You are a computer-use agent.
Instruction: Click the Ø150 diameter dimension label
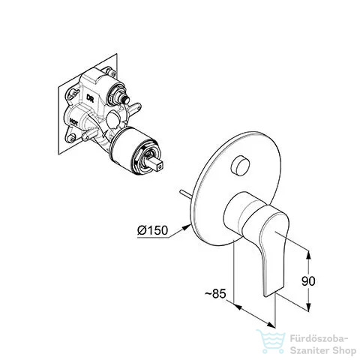[152, 230]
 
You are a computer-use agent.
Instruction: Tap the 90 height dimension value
[308, 281]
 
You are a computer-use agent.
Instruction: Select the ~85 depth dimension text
[215, 293]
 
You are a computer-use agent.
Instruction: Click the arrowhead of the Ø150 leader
[187, 226]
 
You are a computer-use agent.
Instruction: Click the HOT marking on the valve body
[73, 122]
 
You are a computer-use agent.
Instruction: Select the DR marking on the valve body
[90, 98]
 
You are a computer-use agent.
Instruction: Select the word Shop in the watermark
[344, 351]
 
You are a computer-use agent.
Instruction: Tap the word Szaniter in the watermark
[309, 351]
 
